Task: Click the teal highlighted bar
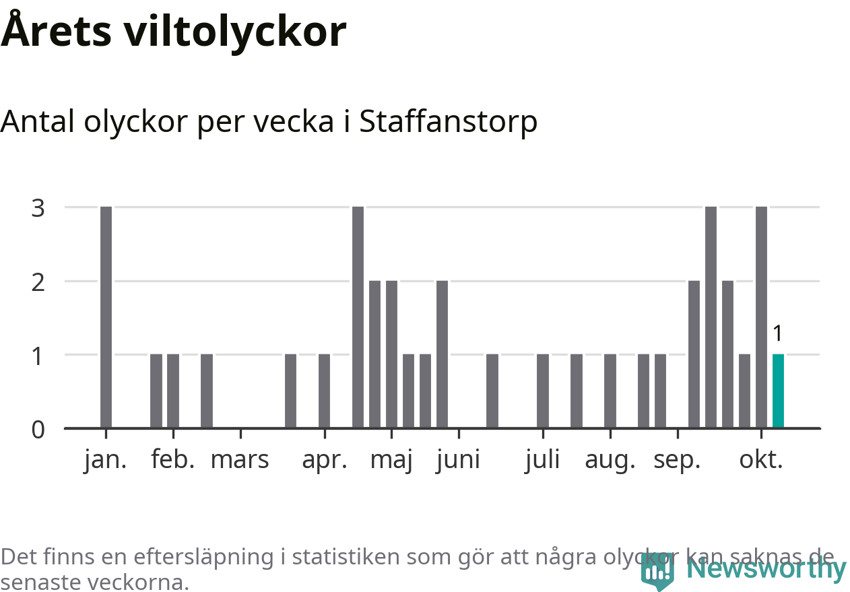click(778, 391)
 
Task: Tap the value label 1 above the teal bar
click(778, 333)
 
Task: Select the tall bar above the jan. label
click(106, 317)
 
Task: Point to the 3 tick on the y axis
click(38, 207)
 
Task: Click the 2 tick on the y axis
click(38, 282)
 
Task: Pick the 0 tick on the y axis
click(38, 429)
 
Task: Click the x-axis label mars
click(240, 460)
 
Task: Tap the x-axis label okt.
click(761, 460)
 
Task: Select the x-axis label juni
click(458, 460)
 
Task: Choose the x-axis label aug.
click(610, 460)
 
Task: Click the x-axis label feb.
click(173, 460)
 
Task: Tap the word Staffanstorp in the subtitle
click(449, 122)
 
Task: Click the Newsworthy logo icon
click(657, 571)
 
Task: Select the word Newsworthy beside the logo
click(766, 569)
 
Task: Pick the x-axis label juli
click(542, 460)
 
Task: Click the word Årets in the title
click(55, 32)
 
